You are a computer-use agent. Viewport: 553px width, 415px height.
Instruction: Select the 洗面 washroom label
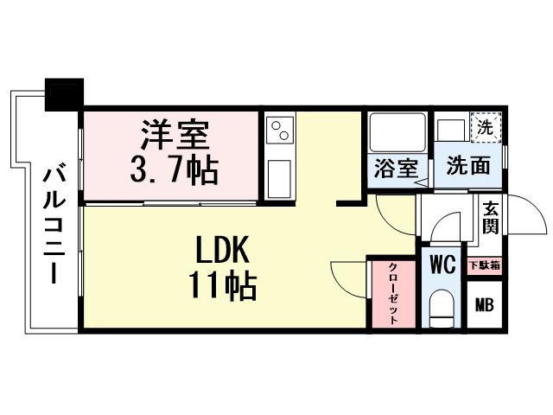467,167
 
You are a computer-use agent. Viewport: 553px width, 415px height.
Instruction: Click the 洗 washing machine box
485,125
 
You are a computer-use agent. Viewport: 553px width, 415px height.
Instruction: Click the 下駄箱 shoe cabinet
485,265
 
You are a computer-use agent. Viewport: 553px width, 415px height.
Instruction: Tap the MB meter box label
485,303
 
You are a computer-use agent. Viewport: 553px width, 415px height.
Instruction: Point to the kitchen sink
280,179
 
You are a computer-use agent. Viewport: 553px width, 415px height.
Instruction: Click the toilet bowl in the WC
442,308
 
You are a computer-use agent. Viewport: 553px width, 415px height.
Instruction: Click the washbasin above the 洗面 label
451,131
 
